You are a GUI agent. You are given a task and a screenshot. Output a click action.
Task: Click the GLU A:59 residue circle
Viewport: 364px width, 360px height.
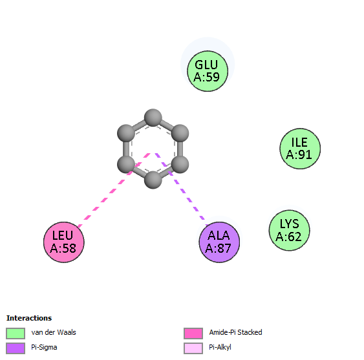[208, 71]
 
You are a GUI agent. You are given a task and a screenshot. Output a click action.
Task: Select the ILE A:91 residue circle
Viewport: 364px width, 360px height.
[300, 149]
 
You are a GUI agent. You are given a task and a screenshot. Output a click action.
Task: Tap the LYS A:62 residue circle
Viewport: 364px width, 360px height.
[289, 230]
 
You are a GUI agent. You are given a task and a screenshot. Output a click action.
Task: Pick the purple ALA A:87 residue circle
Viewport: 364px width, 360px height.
[219, 242]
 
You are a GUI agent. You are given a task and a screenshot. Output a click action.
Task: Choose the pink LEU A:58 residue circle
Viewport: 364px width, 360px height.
[64, 242]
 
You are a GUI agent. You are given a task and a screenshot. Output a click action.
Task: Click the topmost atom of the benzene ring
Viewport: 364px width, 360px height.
[153, 118]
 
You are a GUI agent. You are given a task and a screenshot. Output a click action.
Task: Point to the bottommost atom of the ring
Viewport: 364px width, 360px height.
[153, 180]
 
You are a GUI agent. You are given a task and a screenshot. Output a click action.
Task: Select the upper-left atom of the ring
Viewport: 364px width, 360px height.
[126, 133]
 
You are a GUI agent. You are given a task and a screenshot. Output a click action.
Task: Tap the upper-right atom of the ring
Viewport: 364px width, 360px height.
[180, 133]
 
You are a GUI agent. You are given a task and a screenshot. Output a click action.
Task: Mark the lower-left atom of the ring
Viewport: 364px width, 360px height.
[126, 164]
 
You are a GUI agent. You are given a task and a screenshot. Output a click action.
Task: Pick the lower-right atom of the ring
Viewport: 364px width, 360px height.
[180, 164]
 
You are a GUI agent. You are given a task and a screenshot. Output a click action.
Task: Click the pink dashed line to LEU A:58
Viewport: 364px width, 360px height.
[114, 190]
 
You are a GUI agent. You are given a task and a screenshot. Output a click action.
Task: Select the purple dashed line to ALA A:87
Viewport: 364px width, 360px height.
[181, 189]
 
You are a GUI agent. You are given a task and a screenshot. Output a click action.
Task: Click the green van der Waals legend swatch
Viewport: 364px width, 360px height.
[16, 334]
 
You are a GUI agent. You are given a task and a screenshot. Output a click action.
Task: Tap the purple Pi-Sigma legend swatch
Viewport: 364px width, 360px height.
[16, 348]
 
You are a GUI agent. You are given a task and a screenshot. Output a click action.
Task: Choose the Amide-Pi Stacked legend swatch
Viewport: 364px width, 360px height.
[193, 334]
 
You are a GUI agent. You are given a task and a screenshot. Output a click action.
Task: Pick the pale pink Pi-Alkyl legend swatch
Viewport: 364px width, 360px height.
[193, 348]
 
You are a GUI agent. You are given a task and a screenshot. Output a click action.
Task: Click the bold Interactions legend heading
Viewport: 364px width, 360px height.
[29, 318]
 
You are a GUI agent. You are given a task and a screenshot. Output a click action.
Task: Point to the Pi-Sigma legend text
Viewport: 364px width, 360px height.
[44, 348]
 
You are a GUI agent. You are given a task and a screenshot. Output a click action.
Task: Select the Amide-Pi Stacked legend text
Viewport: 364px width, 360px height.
[235, 332]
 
